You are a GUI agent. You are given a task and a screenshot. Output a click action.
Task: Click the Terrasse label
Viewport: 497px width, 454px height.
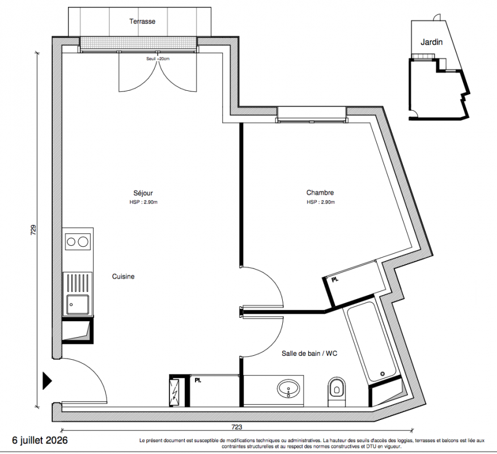[142, 21]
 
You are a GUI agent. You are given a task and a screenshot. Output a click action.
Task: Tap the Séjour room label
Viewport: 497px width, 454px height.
[143, 193]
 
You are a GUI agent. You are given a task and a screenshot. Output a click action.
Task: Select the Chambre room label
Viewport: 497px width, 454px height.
[320, 192]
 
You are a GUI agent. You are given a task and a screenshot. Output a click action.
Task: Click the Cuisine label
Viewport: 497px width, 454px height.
[123, 276]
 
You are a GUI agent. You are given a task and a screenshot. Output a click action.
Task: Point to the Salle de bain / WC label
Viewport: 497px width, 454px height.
[309, 354]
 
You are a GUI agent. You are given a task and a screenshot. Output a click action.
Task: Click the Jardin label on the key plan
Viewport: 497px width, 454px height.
[431, 42]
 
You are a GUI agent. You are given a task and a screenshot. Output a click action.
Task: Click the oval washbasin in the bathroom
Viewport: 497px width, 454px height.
[288, 389]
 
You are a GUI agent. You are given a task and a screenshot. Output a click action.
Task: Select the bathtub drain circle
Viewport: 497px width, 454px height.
[383, 374]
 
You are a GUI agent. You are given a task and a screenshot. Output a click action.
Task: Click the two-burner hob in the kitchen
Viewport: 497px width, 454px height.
[78, 242]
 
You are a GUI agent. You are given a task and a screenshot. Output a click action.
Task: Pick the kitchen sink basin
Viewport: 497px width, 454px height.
[78, 305]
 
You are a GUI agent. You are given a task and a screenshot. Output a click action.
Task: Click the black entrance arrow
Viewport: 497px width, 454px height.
[47, 381]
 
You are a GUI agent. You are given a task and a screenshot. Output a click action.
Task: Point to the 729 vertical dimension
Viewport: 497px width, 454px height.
[33, 230]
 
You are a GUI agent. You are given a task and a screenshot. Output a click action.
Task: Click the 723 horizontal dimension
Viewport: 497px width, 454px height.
[237, 427]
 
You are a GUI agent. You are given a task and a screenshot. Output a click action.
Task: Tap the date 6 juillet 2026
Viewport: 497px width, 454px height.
[40, 440]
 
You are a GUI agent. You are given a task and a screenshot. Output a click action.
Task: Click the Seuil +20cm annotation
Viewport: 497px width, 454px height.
[158, 58]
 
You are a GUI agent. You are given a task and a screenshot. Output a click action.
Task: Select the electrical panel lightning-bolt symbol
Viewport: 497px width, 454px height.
[174, 392]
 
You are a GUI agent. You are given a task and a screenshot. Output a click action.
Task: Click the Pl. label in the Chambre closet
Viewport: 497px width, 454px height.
[335, 280]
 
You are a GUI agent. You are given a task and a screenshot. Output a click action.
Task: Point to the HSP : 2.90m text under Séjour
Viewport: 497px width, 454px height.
[143, 202]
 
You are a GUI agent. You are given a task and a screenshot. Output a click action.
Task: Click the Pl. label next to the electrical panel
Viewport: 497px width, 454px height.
[198, 380]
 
